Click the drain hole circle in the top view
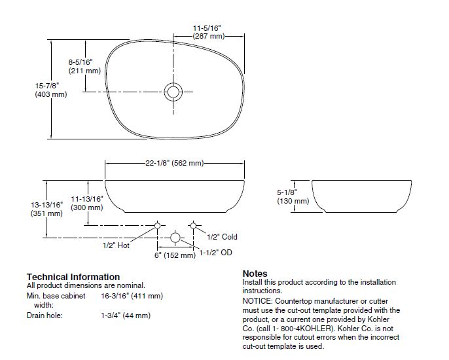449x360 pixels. (174, 91)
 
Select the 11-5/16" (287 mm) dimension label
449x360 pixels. (207, 32)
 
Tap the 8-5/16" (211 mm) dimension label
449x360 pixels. (84, 66)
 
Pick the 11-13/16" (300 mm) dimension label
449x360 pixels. (87, 203)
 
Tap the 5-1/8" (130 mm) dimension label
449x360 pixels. (293, 197)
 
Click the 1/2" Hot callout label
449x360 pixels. (116, 245)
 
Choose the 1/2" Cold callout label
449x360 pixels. (223, 237)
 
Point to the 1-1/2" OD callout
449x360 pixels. (216, 252)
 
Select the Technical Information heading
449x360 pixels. (73, 277)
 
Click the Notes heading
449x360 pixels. (255, 274)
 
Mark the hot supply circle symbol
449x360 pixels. (157, 226)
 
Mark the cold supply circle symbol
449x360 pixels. (192, 226)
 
